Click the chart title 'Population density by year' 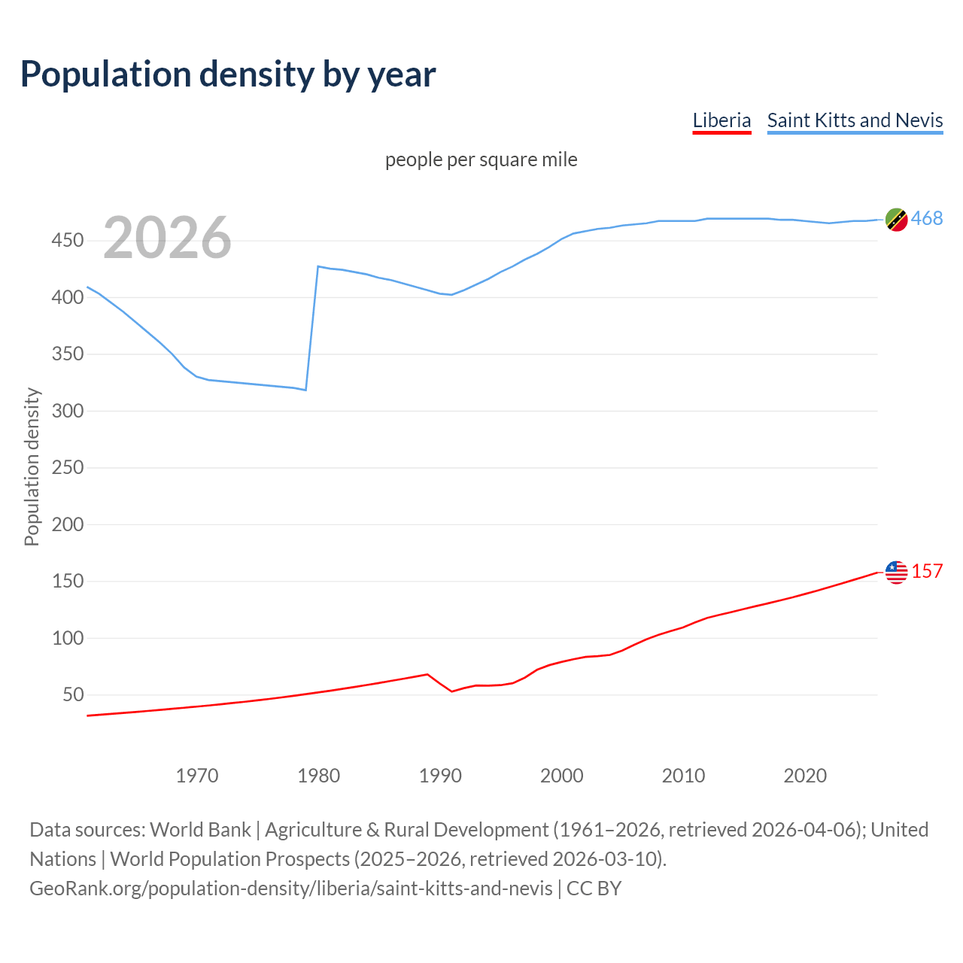pyautogui.click(x=228, y=74)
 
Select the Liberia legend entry pyautogui.click(x=721, y=120)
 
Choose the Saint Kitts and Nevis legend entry pyautogui.click(x=855, y=120)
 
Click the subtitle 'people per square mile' pyautogui.click(x=481, y=159)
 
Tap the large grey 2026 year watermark pyautogui.click(x=167, y=238)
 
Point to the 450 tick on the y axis pyautogui.click(x=67, y=241)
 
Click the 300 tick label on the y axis pyautogui.click(x=67, y=411)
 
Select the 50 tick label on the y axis pyautogui.click(x=73, y=694)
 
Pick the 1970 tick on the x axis pyautogui.click(x=196, y=775)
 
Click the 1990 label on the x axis pyautogui.click(x=440, y=775)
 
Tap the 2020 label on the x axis pyautogui.click(x=805, y=775)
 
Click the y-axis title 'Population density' pyautogui.click(x=32, y=466)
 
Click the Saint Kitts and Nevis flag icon pyautogui.click(x=896, y=219)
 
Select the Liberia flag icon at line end pyautogui.click(x=896, y=572)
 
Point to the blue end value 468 pyautogui.click(x=927, y=218)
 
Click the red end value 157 pyautogui.click(x=927, y=571)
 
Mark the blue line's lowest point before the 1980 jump pyautogui.click(x=305, y=390)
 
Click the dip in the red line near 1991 pyautogui.click(x=452, y=691)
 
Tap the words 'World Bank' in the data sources pyautogui.click(x=200, y=829)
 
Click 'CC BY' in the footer pyautogui.click(x=594, y=888)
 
